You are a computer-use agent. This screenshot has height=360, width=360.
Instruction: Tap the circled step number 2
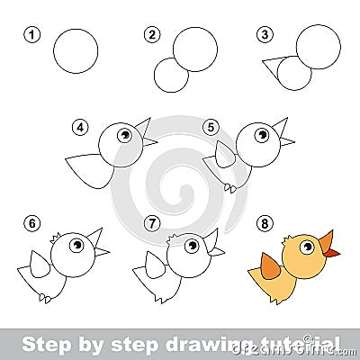click(150, 35)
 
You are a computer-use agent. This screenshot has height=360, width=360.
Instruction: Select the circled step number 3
click(264, 35)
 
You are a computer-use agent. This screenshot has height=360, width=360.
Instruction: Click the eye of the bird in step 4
click(124, 135)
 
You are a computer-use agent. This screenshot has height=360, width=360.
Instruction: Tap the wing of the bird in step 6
click(39, 264)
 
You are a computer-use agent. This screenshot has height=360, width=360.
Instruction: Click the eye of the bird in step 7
click(192, 245)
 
